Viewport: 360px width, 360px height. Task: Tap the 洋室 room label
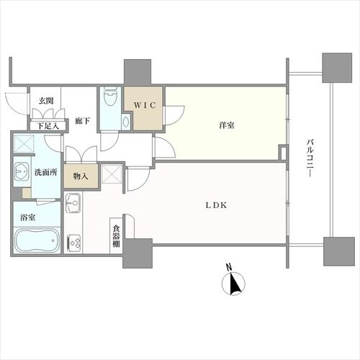click(227, 126)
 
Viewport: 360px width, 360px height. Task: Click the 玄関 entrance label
click(45, 102)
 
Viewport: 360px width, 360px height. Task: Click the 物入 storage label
click(80, 175)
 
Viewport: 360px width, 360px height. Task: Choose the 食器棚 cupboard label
click(116, 235)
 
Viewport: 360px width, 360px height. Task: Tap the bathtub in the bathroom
click(36, 240)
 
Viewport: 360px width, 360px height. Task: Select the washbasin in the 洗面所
click(19, 173)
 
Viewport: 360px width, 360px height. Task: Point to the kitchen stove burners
click(73, 242)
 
